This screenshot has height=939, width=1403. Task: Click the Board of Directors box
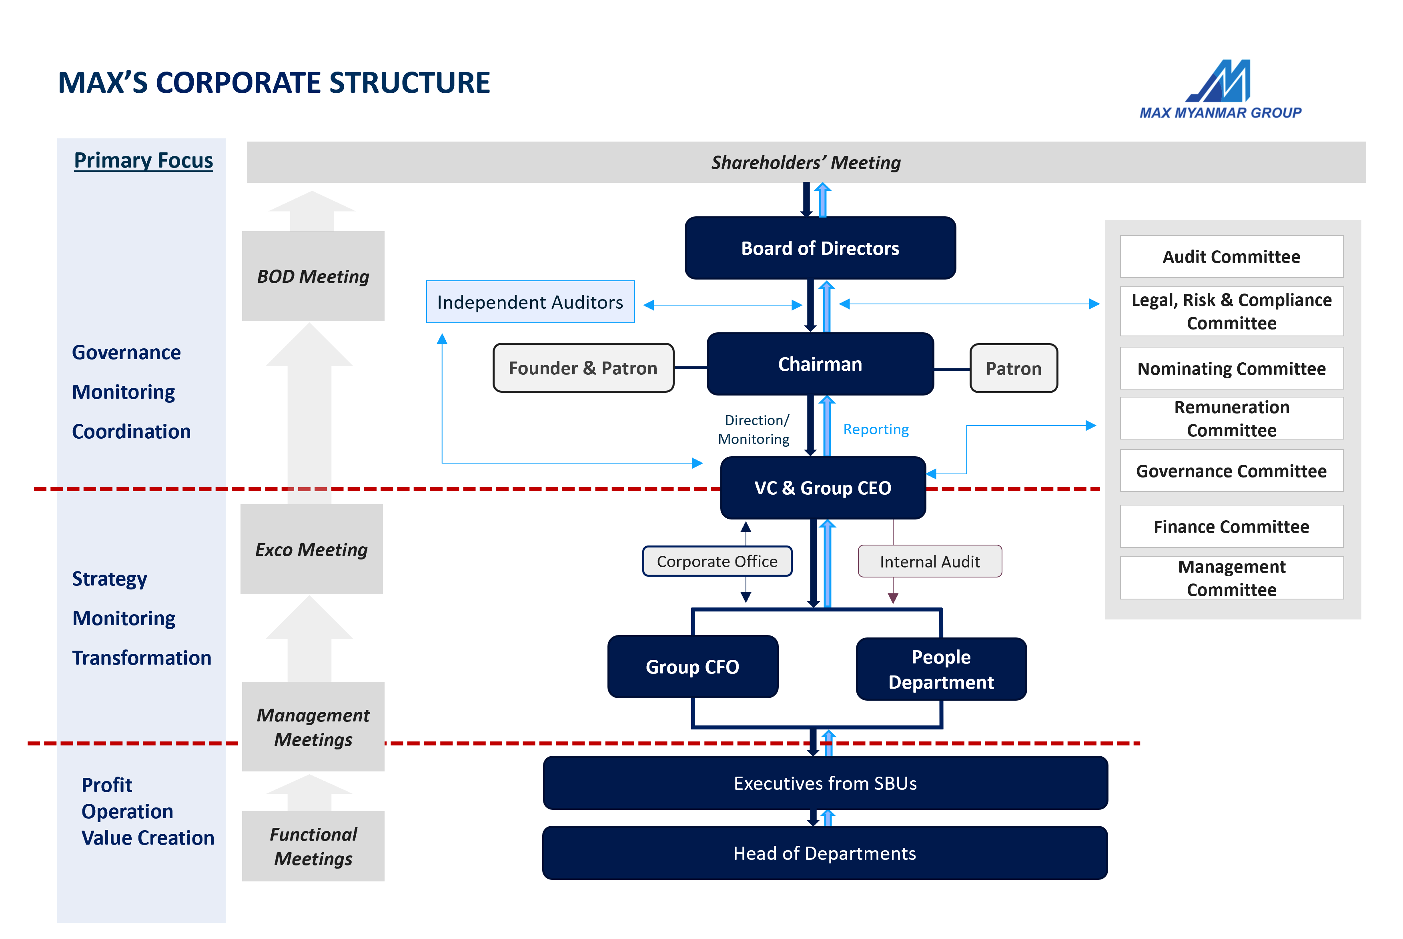tap(820, 248)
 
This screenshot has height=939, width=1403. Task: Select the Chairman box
tap(820, 364)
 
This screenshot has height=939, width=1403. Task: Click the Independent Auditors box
tap(530, 302)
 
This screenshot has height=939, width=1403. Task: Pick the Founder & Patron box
tap(583, 368)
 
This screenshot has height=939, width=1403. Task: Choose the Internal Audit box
tap(930, 561)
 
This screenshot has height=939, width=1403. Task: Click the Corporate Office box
tap(717, 561)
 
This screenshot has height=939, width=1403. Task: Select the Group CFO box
tap(693, 667)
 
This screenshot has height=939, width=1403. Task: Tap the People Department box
tap(941, 669)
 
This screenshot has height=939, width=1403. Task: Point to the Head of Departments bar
tap(824, 853)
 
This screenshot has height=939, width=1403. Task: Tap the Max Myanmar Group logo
tap(1220, 90)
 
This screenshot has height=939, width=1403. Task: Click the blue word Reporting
tap(876, 430)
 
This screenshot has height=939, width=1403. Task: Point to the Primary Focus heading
tap(143, 160)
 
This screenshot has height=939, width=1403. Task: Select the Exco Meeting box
tap(311, 549)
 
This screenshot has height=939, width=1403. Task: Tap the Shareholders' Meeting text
tap(806, 162)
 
